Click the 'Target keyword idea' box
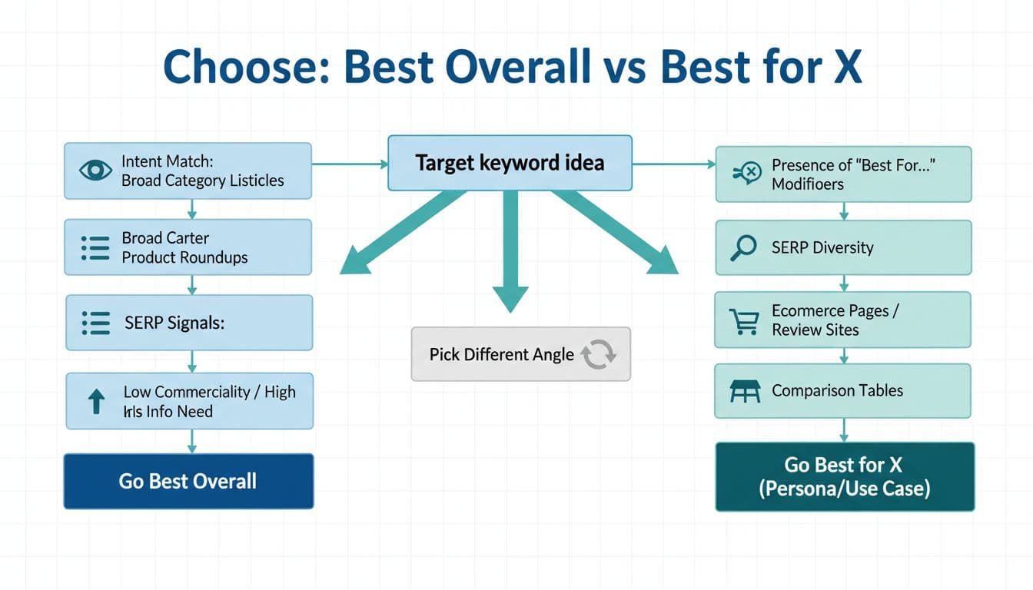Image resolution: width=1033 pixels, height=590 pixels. (510, 163)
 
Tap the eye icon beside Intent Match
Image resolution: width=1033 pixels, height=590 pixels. (95, 171)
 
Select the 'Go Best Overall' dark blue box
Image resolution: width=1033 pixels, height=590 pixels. (188, 482)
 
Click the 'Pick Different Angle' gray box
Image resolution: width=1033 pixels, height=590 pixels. (520, 354)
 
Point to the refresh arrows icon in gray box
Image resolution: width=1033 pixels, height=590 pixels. (598, 354)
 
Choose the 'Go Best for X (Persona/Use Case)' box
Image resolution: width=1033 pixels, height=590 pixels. (844, 476)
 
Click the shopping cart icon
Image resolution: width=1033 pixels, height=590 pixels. (742, 321)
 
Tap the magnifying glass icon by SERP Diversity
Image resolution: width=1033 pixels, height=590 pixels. (742, 248)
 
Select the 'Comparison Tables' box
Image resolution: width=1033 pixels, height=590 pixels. (842, 390)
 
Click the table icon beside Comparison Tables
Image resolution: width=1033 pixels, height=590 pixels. (743, 391)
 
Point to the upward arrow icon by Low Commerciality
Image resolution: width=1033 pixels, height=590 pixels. (96, 402)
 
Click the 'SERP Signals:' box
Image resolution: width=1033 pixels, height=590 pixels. (189, 323)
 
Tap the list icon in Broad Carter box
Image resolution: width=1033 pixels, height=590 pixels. (95, 247)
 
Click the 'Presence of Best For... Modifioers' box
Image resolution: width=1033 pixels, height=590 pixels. (843, 174)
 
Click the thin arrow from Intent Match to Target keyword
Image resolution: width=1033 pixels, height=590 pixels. (350, 164)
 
